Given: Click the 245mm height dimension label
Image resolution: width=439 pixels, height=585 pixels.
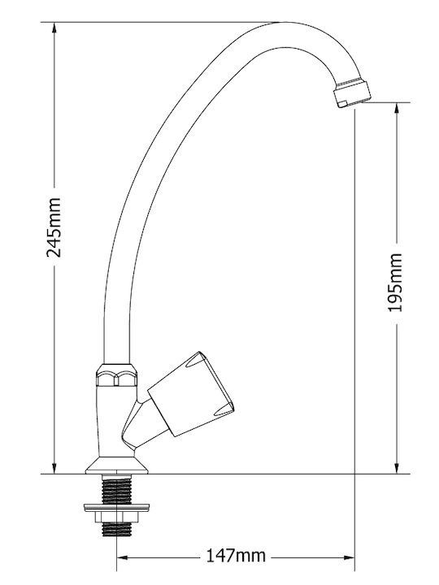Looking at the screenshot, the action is [54, 227].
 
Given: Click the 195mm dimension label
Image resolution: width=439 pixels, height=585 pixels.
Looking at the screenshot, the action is [395, 283].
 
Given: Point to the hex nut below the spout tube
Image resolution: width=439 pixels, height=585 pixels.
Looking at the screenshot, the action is [116, 375].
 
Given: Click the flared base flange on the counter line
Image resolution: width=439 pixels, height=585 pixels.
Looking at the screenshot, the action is [116, 466].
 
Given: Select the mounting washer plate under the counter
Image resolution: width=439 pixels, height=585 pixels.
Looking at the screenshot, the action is [116, 507].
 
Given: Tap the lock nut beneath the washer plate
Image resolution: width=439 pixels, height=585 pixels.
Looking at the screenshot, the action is [116, 517].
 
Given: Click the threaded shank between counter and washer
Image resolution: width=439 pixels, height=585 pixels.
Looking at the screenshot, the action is [116, 489].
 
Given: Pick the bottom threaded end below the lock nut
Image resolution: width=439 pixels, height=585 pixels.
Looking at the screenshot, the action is [116, 530].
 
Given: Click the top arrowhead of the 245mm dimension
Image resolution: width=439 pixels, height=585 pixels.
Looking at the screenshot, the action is [54, 28].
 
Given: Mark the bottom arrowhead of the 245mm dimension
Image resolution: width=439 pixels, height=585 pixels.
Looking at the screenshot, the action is [54, 468].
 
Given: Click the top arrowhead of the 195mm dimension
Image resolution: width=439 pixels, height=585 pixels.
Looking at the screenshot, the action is [397, 108].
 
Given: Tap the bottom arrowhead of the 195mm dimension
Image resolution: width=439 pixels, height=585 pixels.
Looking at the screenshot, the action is [397, 468].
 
